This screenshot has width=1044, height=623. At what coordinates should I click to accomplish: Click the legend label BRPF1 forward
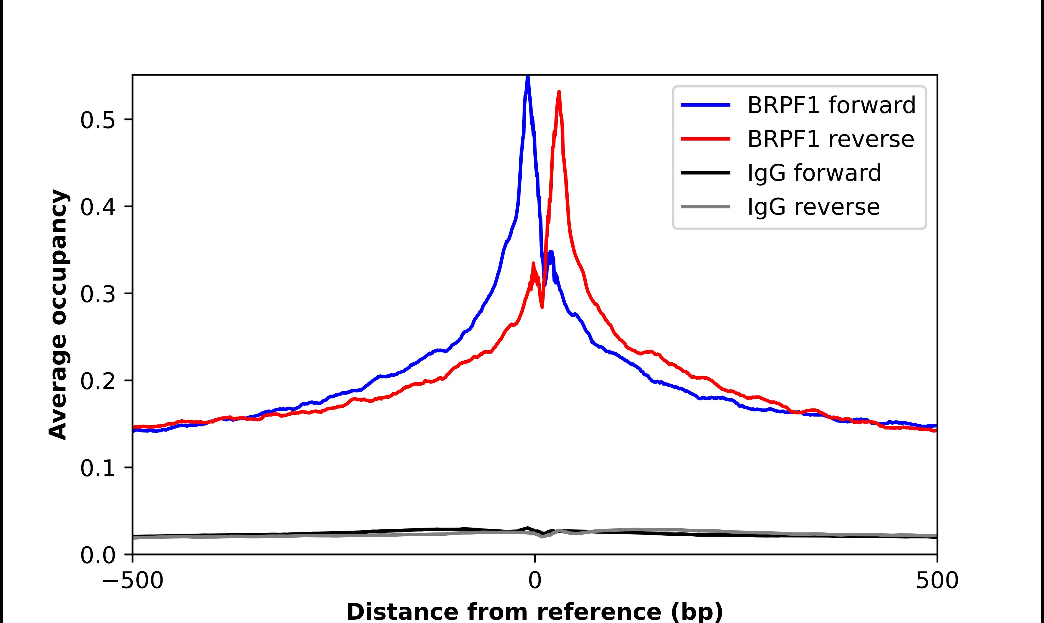pyautogui.click(x=831, y=105)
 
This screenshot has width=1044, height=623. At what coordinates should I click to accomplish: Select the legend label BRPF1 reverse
pyautogui.click(x=830, y=139)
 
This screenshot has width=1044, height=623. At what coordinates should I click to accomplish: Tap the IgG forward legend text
pyautogui.click(x=814, y=173)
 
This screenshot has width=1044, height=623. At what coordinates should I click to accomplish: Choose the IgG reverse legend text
pyautogui.click(x=813, y=207)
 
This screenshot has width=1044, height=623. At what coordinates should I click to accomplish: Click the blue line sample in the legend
pyautogui.click(x=705, y=105)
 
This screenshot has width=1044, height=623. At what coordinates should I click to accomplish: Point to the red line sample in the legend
pyautogui.click(x=705, y=139)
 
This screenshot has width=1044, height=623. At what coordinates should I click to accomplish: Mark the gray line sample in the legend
pyautogui.click(x=705, y=206)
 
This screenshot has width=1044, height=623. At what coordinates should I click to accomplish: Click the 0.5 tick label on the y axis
pyautogui.click(x=98, y=120)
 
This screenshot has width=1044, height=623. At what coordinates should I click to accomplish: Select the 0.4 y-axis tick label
pyautogui.click(x=98, y=207)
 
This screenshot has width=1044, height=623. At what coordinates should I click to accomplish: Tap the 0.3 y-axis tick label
pyautogui.click(x=98, y=294)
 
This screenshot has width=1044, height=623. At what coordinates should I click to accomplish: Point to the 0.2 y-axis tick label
pyautogui.click(x=98, y=381)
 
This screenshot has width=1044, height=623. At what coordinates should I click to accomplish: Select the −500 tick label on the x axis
pyautogui.click(x=133, y=581)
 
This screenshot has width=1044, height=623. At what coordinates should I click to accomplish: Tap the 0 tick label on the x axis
pyautogui.click(x=534, y=581)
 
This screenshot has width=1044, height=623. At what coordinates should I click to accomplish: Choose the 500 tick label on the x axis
pyautogui.click(x=937, y=581)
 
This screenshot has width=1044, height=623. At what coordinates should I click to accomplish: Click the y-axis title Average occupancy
pyautogui.click(x=58, y=315)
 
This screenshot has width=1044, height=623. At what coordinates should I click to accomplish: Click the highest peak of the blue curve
pyautogui.click(x=528, y=76)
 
